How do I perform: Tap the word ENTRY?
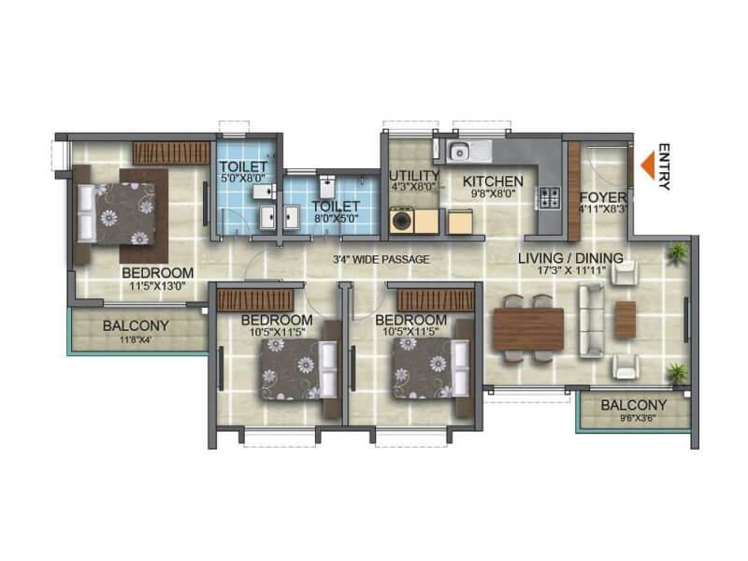[665, 166]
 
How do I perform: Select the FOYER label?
[596, 197]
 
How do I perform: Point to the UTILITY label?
[414, 175]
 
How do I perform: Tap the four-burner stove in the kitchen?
[547, 198]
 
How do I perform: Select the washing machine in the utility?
[403, 222]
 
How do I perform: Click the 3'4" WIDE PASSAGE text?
[381, 259]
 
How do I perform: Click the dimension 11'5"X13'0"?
[157, 287]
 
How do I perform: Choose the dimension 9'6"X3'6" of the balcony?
[634, 419]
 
